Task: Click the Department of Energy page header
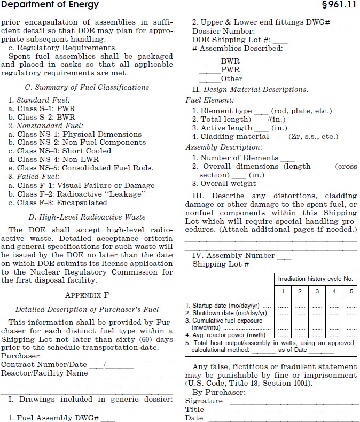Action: [x=50, y=5]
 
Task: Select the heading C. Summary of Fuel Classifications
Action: [x=87, y=87]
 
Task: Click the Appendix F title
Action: [x=87, y=294]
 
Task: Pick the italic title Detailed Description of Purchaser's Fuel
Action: [x=87, y=309]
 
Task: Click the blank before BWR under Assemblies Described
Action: [x=209, y=61]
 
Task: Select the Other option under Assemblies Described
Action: [x=231, y=79]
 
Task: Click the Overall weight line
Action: [x=225, y=183]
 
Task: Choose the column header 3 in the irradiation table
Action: [x=317, y=291]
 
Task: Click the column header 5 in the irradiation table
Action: [x=351, y=291]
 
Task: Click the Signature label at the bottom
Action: [x=204, y=401]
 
